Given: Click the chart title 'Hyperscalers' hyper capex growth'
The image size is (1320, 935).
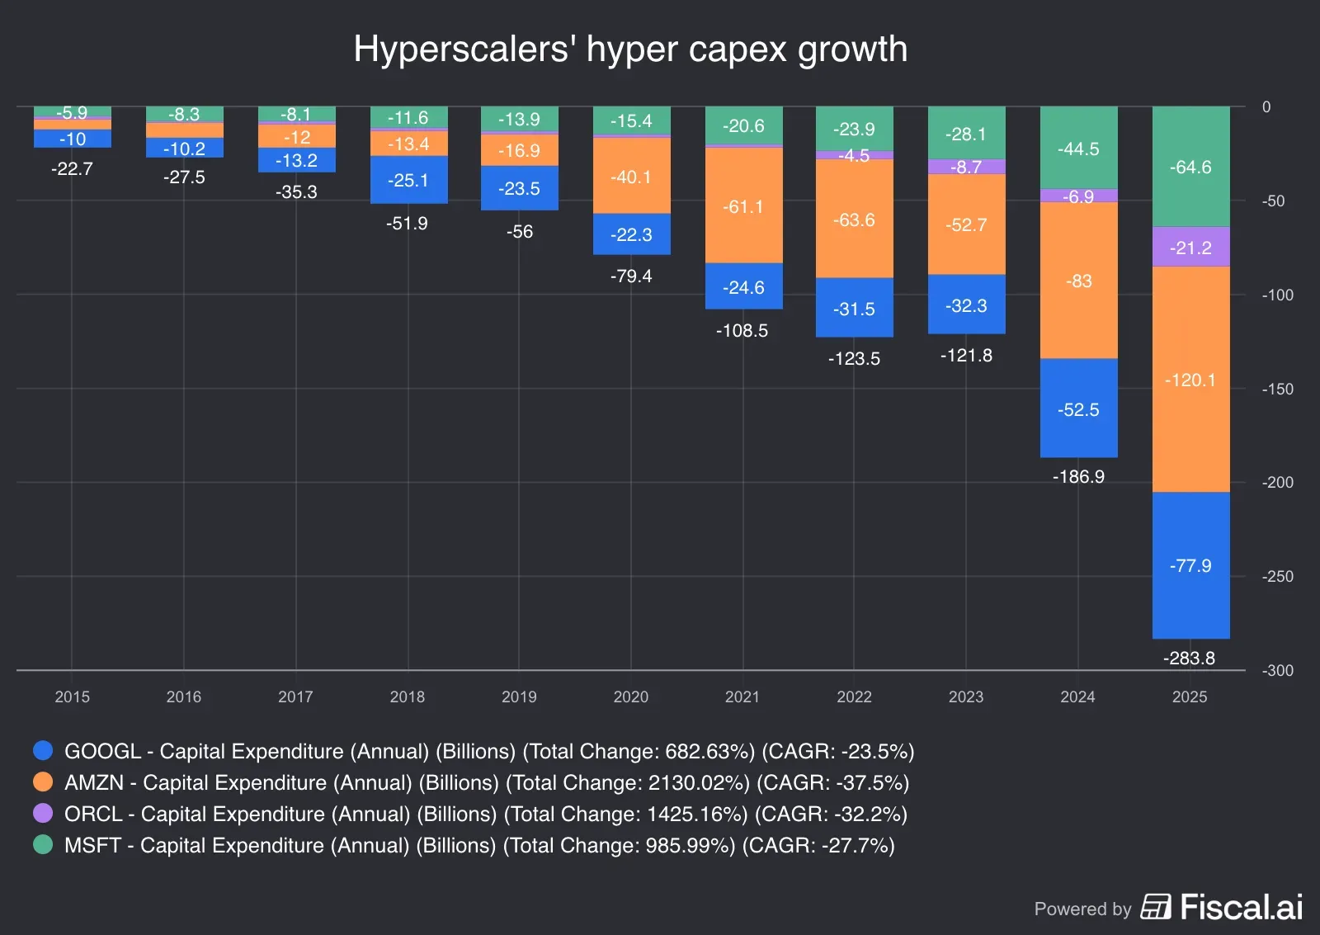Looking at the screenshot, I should [630, 49].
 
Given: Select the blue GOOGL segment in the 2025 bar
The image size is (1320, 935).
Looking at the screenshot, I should [1190, 566].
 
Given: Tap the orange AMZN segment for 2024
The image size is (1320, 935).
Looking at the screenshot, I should [1078, 281].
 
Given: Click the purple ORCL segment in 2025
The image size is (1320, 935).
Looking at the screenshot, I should [1190, 248].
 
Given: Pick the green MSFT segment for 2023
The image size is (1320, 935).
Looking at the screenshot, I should [966, 134].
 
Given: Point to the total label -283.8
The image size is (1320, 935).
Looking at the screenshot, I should [1189, 658].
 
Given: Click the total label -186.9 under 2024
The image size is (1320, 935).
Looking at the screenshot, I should [1078, 476].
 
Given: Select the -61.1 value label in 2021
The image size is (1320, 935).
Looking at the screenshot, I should [743, 206].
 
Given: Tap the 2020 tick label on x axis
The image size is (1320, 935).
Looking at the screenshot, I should [630, 697].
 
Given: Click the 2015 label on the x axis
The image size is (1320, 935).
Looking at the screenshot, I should [72, 697].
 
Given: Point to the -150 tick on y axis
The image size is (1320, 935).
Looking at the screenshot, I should [1277, 389].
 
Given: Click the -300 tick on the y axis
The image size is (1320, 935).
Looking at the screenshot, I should [1277, 670].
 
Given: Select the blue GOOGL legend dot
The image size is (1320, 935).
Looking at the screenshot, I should [43, 750].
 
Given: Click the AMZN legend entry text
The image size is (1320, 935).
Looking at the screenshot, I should [486, 782].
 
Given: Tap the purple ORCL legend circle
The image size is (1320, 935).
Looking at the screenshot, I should [43, 814].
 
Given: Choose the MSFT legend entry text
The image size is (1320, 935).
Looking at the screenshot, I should [478, 845].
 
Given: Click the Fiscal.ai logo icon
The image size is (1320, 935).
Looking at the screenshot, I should [1156, 907].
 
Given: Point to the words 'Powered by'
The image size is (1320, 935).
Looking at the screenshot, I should [1082, 909].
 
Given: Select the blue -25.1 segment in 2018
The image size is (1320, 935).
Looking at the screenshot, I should [408, 180].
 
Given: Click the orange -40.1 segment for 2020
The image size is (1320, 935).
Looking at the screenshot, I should [631, 177].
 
